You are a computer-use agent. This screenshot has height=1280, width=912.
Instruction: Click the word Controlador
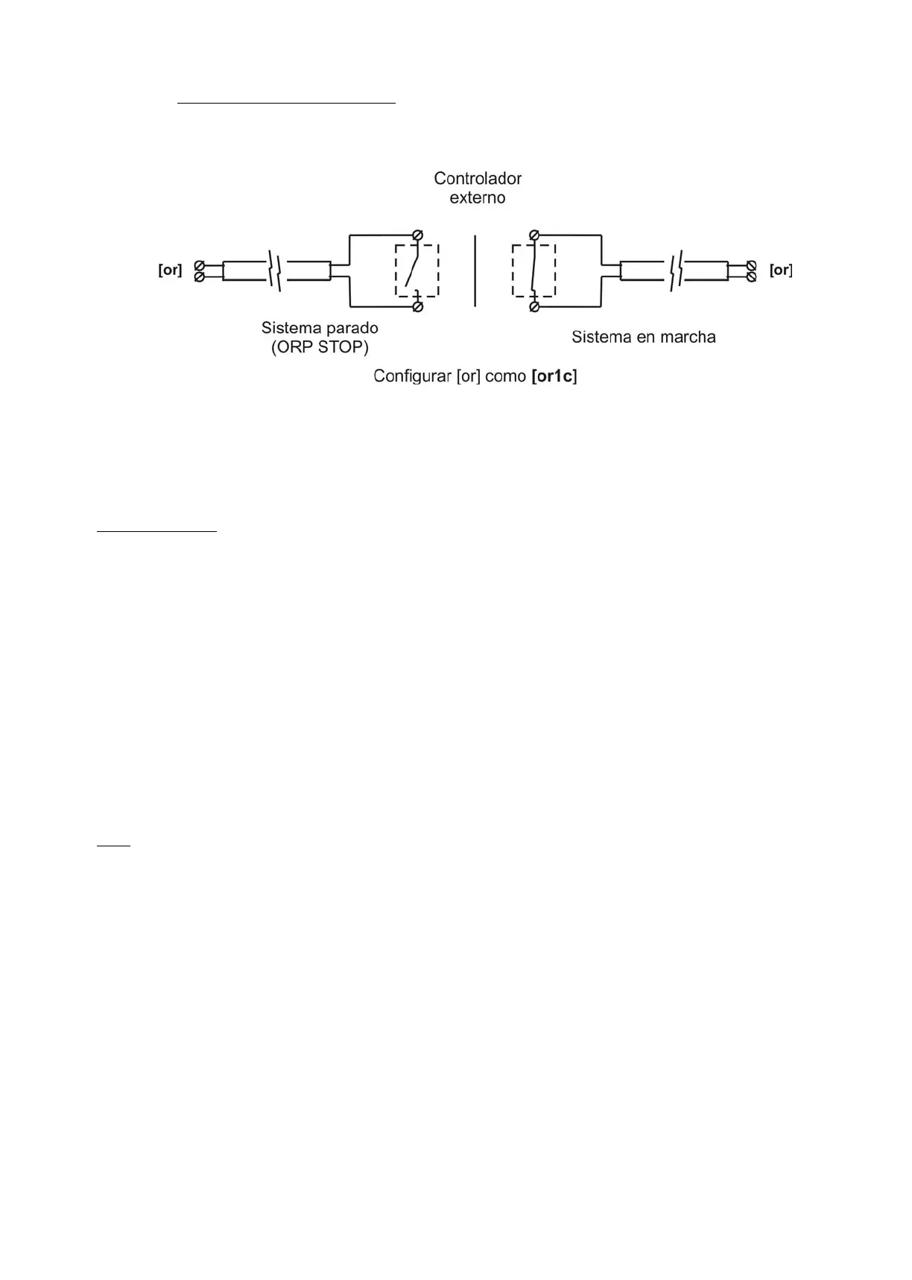[x=478, y=179]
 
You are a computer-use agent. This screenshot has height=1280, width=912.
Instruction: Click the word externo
[x=478, y=198]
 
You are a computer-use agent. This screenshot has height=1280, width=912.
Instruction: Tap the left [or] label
[x=170, y=270]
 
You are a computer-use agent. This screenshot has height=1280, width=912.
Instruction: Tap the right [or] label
[x=781, y=270]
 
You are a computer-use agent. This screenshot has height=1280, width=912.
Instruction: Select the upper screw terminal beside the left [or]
[x=199, y=266]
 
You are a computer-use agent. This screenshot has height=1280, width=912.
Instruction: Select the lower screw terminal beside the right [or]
[x=752, y=277]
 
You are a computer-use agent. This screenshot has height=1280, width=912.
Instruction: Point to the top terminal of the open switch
[x=418, y=235]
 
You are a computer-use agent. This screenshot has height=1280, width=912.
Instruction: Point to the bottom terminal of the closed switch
[x=534, y=306]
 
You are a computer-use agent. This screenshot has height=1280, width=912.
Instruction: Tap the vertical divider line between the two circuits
[x=475, y=270]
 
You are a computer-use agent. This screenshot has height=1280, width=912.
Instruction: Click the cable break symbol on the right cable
[x=676, y=271]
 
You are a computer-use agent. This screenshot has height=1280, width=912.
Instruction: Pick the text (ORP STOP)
[x=320, y=347]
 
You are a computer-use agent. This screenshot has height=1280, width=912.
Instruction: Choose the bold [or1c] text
[x=554, y=376]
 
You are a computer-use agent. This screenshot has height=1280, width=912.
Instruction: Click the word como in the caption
[x=505, y=376]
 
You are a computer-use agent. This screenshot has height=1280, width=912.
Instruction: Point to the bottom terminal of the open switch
[x=418, y=306]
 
